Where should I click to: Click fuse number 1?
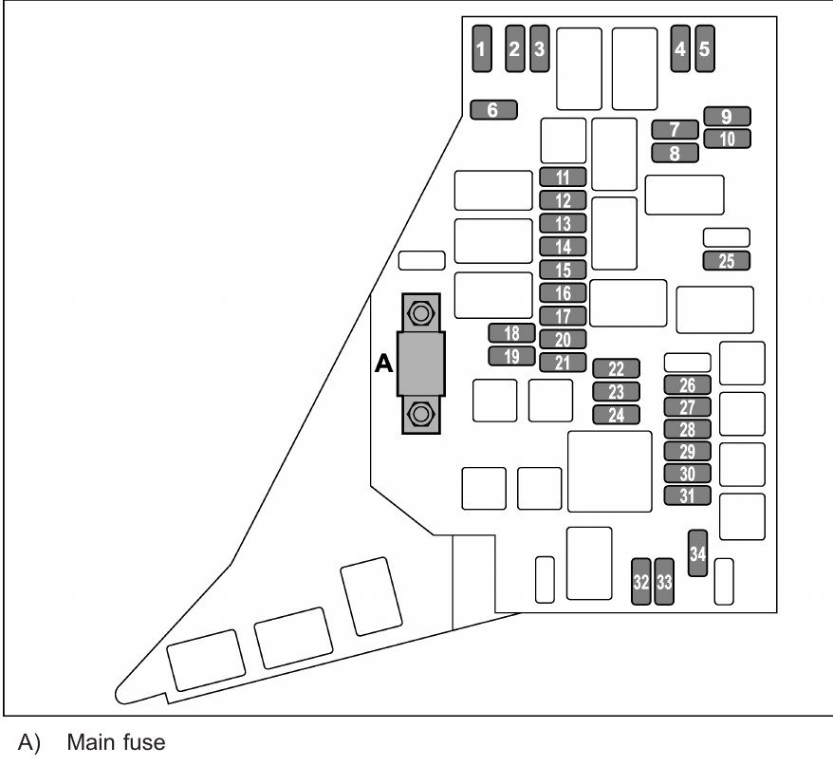[482, 48]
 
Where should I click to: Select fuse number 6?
[493, 109]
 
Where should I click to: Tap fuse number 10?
[728, 139]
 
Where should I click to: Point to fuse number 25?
[727, 260]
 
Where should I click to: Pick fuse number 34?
[697, 552]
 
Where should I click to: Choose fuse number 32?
[641, 582]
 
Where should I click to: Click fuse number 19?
[511, 356]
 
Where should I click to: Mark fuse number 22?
[617, 368]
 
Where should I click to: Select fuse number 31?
[688, 495]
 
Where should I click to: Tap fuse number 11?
[564, 177]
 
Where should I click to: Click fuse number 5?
[704, 48]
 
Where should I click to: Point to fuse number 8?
[675, 153]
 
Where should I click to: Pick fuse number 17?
[564, 316]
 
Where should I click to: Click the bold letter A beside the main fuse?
[383, 364]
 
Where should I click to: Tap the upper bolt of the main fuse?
[420, 313]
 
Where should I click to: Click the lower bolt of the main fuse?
[420, 414]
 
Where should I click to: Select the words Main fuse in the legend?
[116, 742]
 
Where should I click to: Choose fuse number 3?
[540, 48]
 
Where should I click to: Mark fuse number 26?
[688, 384]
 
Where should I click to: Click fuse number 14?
[564, 247]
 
